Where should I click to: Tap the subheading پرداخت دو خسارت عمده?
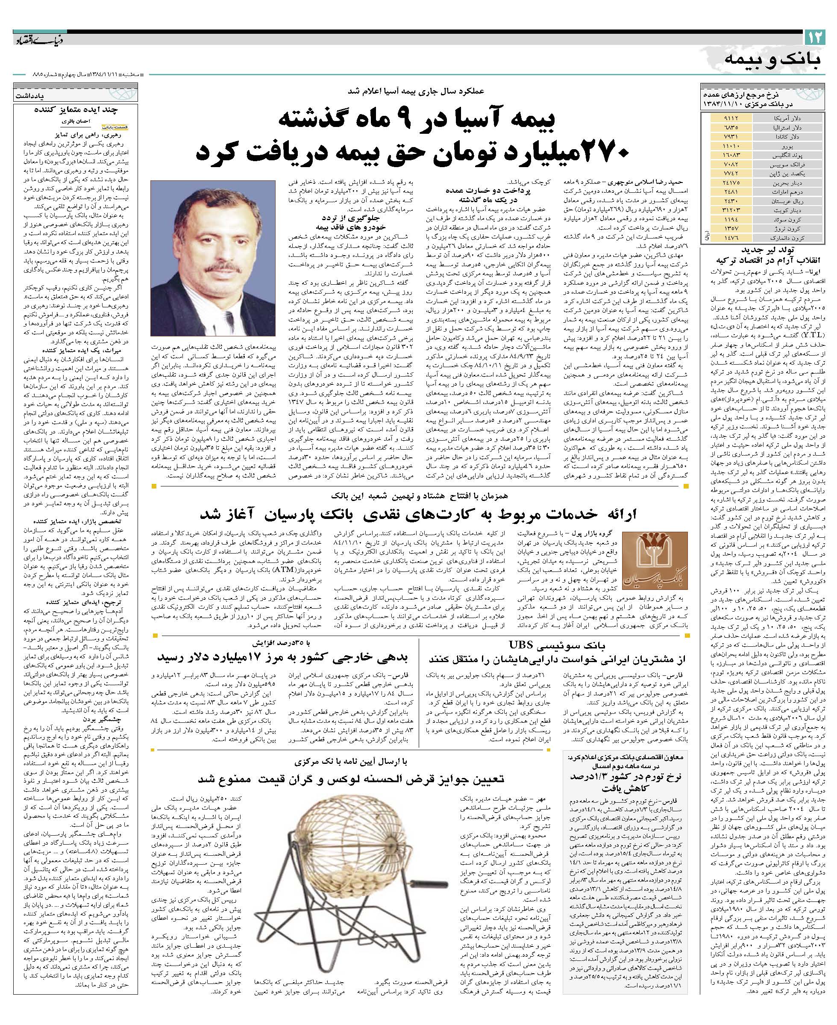pyautogui.click(x=477, y=190)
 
